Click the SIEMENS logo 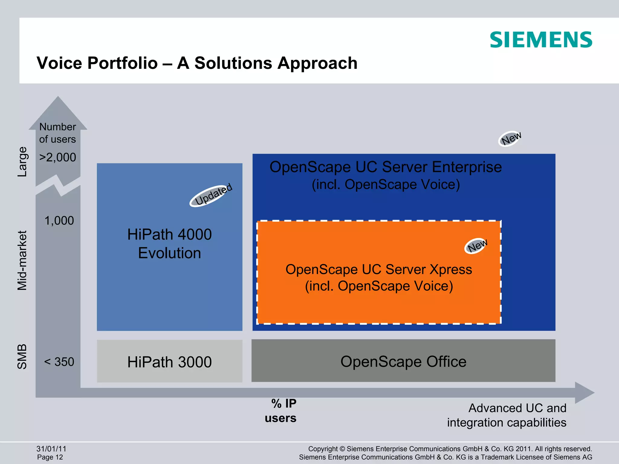click(541, 40)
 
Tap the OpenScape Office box click(403, 361)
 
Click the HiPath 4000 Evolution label click(169, 243)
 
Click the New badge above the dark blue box click(510, 139)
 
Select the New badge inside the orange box click(476, 246)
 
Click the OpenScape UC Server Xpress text click(378, 269)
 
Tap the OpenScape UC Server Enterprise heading click(385, 167)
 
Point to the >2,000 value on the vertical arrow click(58, 157)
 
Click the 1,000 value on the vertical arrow click(59, 221)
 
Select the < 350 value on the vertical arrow click(59, 362)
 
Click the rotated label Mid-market click(22, 260)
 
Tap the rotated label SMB click(22, 356)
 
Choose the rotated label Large click(22, 162)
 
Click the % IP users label click(281, 411)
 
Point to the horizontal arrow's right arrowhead click(585, 392)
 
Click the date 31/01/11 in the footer click(51, 449)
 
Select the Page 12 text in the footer click(50, 457)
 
